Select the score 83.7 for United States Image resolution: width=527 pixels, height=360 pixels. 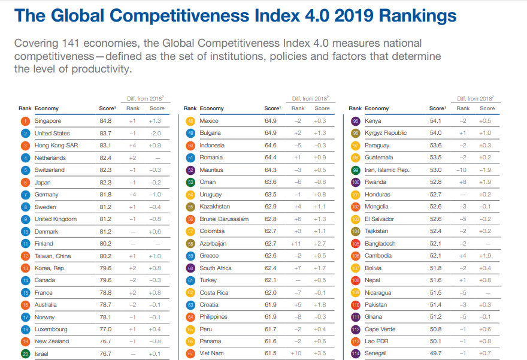tap(105, 133)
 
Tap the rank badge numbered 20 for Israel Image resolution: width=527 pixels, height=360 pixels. tap(25, 353)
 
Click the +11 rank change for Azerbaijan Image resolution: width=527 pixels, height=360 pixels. tap(296, 244)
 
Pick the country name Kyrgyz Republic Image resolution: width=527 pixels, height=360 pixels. tap(386, 133)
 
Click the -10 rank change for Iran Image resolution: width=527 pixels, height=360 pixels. tap(462, 170)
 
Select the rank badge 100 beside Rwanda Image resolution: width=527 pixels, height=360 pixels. tap(355, 182)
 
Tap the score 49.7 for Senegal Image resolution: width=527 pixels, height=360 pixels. tap(435, 353)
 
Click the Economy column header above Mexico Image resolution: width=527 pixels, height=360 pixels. tap(212, 108)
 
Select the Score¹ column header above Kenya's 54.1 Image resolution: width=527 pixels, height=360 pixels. tap(437, 108)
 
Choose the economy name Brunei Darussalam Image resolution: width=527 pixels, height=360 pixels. tap(224, 219)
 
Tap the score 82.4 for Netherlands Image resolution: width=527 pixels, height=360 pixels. tap(105, 158)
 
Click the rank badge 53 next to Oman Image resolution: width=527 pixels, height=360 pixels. tap(191, 182)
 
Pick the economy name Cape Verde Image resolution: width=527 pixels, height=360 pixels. tap(380, 329)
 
